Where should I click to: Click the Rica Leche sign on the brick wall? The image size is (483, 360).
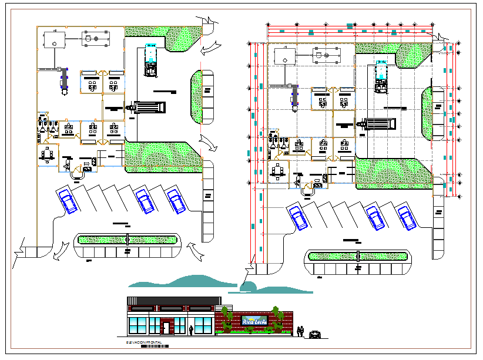pyautogui.click(x=255, y=321)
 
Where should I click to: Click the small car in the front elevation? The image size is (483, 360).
pyautogui.click(x=316, y=334)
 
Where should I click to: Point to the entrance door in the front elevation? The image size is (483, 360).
pyautogui.click(x=166, y=327)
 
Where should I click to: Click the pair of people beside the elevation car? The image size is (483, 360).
pyautogui.click(x=300, y=332)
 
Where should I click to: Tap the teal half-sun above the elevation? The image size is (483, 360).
pyautogui.click(x=248, y=287)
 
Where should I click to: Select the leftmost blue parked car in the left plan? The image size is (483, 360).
pyautogui.click(x=69, y=201)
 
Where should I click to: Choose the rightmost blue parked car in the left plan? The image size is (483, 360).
pyautogui.click(x=176, y=200)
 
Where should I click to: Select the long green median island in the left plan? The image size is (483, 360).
pyautogui.click(x=128, y=240)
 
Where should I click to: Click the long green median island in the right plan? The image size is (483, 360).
pyautogui.click(x=357, y=256)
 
